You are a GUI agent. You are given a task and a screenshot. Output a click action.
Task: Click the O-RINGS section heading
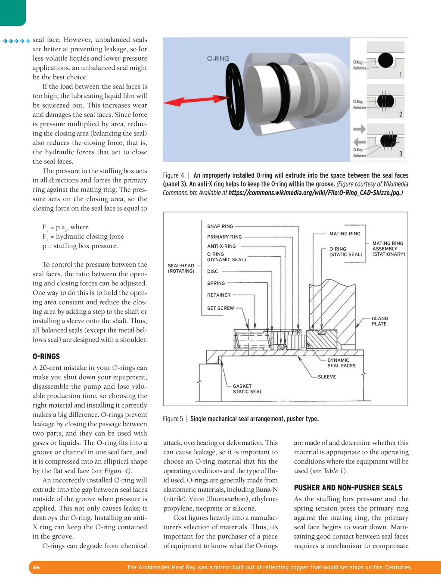click(x=46, y=356)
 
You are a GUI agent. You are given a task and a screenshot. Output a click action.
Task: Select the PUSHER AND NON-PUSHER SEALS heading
click(x=348, y=487)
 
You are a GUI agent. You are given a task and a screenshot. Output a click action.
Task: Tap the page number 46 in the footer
click(x=36, y=567)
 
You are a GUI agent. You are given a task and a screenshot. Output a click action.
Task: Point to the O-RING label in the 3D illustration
click(x=218, y=59)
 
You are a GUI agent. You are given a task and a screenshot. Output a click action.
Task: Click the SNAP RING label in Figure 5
click(x=220, y=226)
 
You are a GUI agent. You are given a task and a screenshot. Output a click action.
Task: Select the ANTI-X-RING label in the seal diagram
click(x=221, y=246)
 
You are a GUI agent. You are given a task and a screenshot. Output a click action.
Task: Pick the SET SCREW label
click(x=220, y=308)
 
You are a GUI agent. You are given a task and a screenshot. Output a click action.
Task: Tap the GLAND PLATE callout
click(x=379, y=321)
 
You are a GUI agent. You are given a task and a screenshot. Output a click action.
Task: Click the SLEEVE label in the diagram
click(x=326, y=377)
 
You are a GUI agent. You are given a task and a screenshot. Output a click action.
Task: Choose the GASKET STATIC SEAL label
click(x=247, y=389)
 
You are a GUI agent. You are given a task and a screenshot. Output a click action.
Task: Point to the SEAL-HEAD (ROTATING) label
click(x=181, y=268)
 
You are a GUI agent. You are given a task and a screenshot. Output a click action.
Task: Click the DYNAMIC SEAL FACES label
click(x=341, y=363)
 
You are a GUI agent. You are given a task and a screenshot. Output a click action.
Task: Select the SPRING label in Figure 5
click(x=216, y=283)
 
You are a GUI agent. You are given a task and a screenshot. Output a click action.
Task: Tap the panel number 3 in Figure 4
click(x=401, y=154)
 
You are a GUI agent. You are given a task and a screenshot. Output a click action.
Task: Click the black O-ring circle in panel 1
click(x=385, y=60)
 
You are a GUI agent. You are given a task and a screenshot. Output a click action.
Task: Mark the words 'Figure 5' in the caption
click(x=173, y=418)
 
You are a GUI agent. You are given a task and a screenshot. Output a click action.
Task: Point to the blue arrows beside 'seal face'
click(x=16, y=41)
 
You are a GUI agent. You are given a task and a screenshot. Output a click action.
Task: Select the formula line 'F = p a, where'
click(x=65, y=227)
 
